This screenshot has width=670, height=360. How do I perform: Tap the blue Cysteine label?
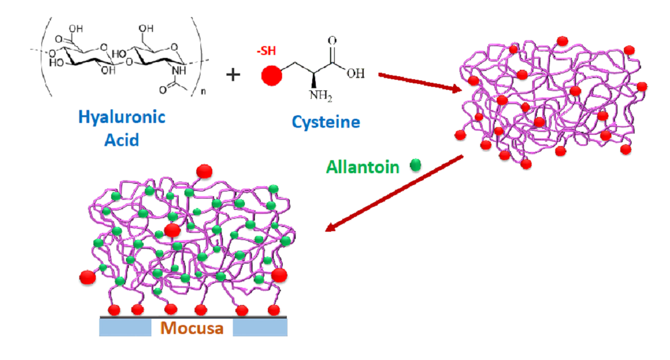click(325, 122)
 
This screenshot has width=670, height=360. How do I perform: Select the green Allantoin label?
click(362, 167)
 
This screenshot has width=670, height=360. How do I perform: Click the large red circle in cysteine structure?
click(271, 75)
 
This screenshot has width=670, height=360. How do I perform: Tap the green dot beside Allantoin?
click(416, 166)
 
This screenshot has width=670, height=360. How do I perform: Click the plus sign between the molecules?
click(235, 74)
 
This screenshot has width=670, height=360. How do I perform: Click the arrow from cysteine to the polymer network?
click(419, 83)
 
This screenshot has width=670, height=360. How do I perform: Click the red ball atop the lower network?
click(204, 171)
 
